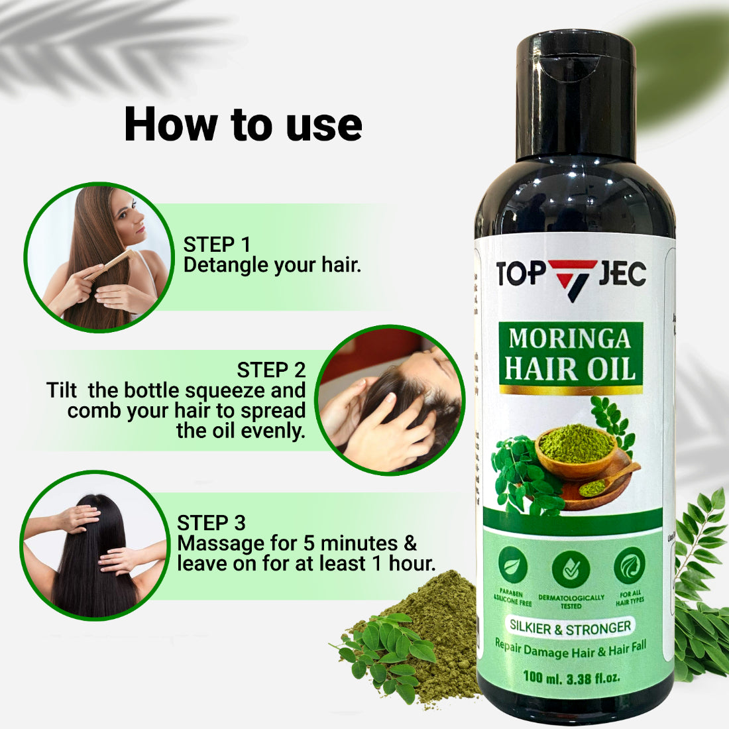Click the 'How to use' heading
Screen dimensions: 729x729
(x=243, y=125)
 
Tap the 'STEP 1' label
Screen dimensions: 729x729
(x=217, y=245)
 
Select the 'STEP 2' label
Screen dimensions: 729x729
(x=271, y=370)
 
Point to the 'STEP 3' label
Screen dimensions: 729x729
(x=211, y=523)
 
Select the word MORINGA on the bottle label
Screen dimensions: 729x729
(x=569, y=339)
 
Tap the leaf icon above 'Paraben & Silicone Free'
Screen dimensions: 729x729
(x=513, y=565)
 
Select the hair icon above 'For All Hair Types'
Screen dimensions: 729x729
(x=629, y=565)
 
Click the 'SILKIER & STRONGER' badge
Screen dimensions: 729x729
(x=570, y=626)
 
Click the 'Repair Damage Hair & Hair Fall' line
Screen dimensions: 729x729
(x=570, y=649)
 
